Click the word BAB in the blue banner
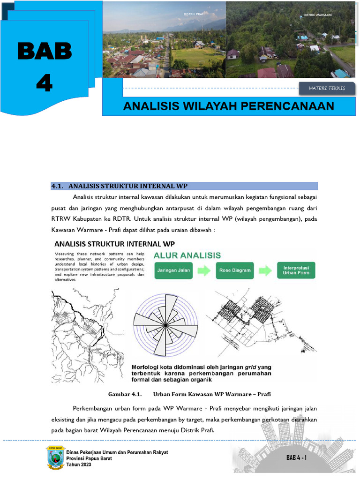(45, 52)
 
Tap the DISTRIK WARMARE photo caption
(317, 15)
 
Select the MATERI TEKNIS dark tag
(327, 88)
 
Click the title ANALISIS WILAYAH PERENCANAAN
(228, 106)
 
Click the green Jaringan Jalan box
(173, 270)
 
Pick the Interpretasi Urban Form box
(296, 270)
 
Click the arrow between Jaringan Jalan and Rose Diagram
(204, 270)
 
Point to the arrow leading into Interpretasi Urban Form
(265, 270)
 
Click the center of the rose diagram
(165, 324)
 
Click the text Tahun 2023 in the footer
(79, 464)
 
